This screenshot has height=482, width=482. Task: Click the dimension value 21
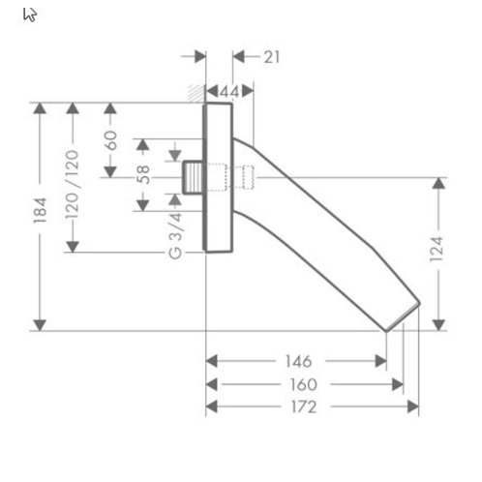click(x=272, y=57)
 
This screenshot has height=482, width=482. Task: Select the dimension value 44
click(x=229, y=92)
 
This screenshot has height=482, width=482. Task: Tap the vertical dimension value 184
click(x=41, y=210)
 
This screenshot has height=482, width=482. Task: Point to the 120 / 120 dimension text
click(x=73, y=185)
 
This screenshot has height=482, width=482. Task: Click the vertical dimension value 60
click(x=110, y=140)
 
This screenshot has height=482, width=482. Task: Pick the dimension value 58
click(x=143, y=174)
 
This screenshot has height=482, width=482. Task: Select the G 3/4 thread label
click(x=176, y=235)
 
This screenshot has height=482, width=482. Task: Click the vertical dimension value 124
click(x=437, y=250)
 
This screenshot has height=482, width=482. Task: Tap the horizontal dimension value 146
click(x=298, y=361)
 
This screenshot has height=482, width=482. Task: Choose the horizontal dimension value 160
click(x=304, y=384)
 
